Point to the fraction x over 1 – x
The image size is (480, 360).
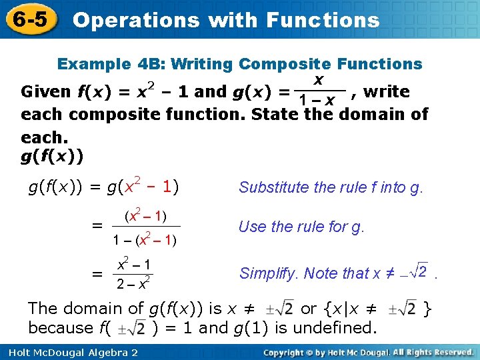(x=319, y=91)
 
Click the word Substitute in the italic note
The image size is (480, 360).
(x=271, y=188)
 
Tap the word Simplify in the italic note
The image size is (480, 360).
(x=270, y=273)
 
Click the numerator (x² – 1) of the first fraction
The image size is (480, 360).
(x=145, y=215)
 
